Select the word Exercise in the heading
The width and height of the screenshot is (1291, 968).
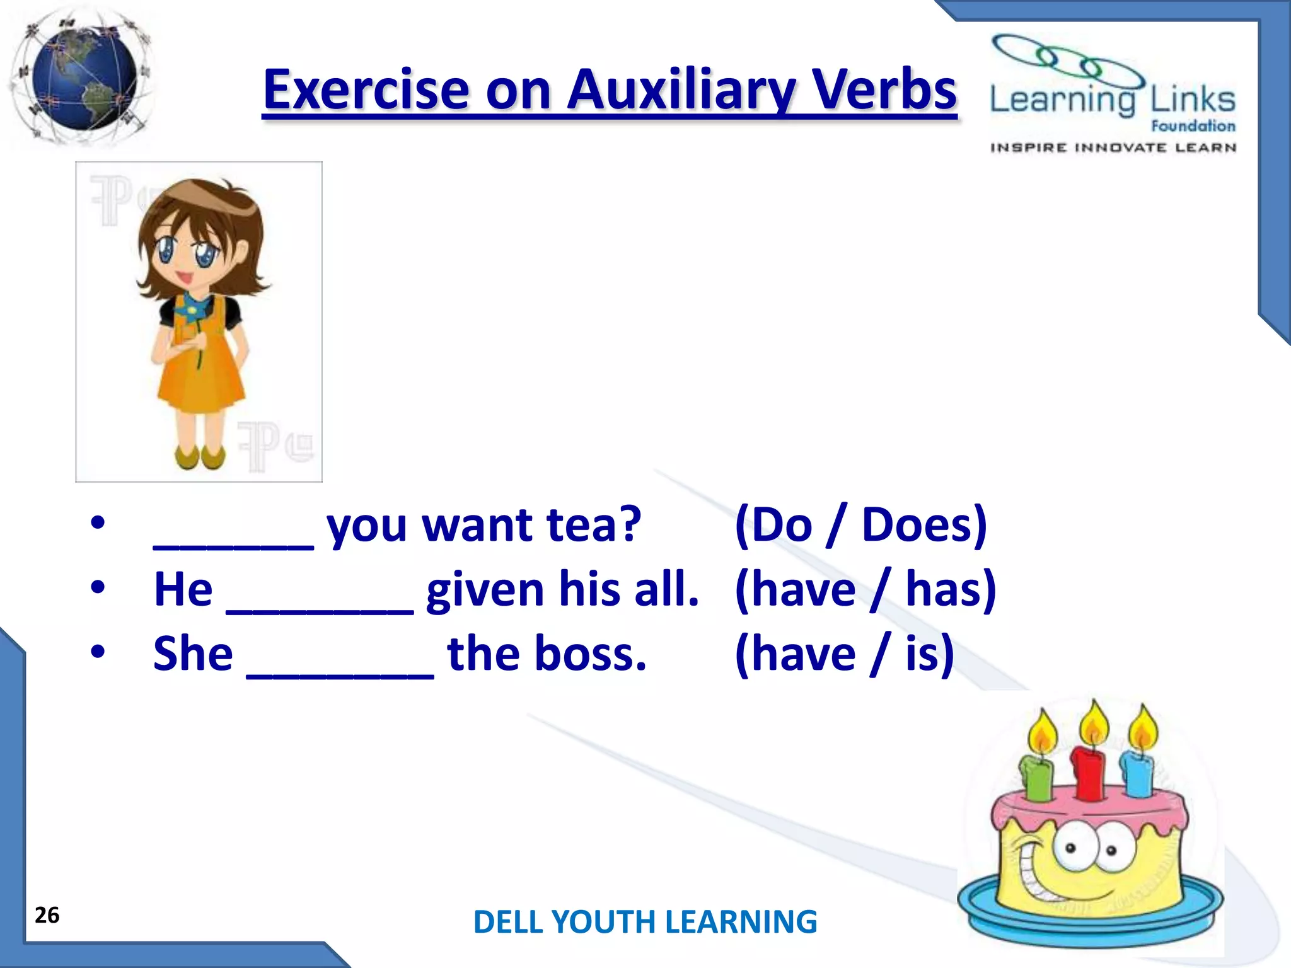pos(366,90)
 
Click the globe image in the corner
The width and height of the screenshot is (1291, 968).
pos(82,79)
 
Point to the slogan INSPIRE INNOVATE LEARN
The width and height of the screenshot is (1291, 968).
pos(1113,148)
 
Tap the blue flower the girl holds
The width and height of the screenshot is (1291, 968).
pos(187,309)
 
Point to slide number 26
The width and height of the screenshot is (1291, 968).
pos(47,915)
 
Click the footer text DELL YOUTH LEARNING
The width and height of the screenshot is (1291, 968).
pos(645,922)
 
